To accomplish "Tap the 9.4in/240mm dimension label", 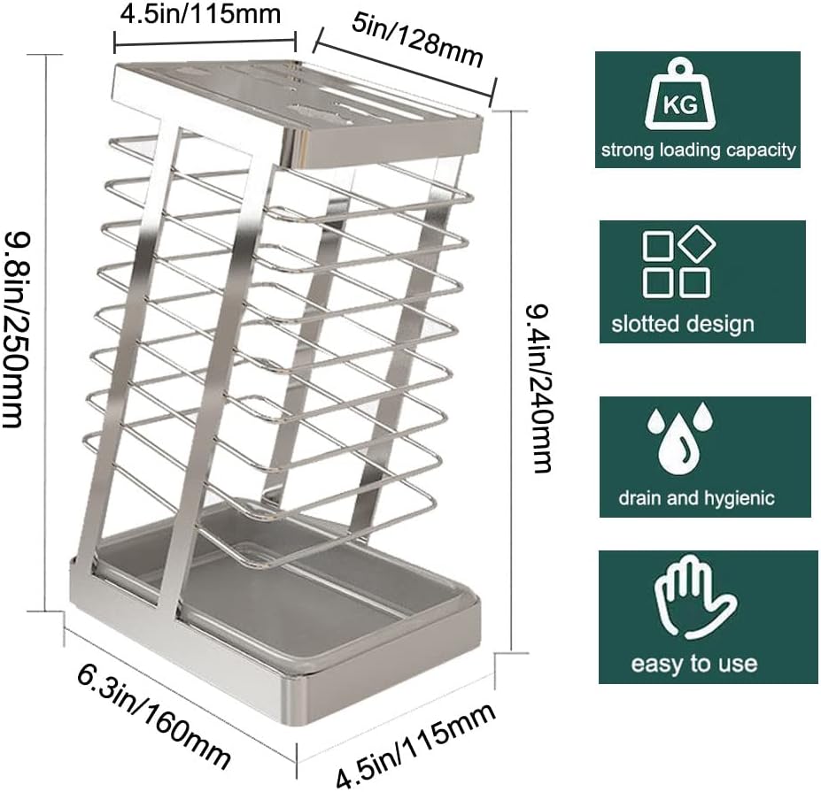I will point(539,388).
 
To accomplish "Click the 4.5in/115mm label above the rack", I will point(205,14).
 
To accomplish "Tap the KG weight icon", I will point(679,100).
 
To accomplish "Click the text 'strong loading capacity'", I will point(698,150).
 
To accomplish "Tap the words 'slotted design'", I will point(682,323).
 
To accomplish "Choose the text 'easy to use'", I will point(693,663).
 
